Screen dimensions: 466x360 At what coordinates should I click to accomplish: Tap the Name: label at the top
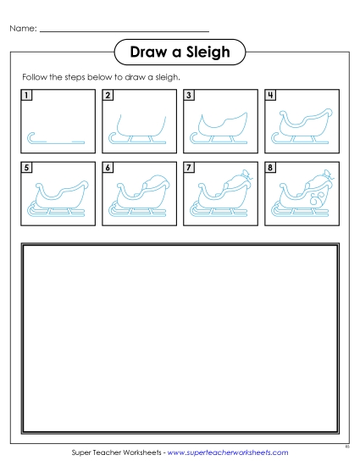[24, 30]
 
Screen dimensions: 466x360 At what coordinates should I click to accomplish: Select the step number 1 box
[27, 96]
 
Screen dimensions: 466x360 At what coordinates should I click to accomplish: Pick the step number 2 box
[108, 96]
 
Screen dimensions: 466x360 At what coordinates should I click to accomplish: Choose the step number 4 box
[270, 96]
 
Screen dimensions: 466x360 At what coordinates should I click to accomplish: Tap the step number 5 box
[27, 169]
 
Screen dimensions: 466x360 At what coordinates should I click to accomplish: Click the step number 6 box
[108, 169]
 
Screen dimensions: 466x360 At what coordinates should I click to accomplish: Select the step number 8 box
[270, 169]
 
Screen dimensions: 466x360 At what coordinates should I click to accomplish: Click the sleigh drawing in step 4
[302, 126]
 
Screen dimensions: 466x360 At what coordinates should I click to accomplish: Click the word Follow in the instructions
[35, 77]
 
